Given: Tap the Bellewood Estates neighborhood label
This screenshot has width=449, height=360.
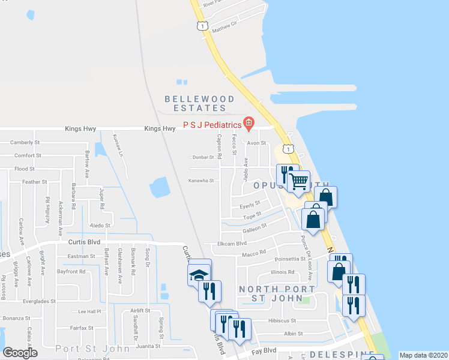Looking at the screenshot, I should [196, 103].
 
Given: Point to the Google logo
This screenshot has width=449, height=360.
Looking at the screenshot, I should [20, 353].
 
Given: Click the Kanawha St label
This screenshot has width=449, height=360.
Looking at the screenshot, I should [201, 180].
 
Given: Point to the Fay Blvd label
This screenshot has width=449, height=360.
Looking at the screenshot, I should [264, 350].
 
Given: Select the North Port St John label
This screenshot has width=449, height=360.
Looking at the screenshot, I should [276, 294].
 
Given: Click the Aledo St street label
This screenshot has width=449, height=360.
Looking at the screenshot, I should [100, 225].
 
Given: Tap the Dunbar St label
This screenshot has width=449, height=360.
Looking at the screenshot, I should [203, 157].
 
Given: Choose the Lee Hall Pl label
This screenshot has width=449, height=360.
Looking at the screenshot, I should [90, 311].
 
